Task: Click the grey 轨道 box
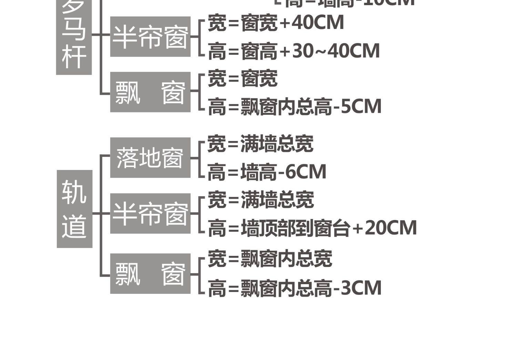74,209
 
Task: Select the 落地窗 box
150,158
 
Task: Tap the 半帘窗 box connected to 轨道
150,213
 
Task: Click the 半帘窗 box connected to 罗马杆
150,37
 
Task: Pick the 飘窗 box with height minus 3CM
150,273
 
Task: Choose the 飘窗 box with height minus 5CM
150,92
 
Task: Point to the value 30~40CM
336,51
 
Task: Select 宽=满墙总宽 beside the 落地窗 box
261,144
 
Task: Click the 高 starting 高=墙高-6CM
216,172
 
